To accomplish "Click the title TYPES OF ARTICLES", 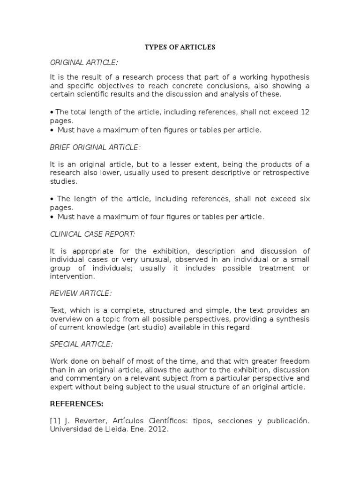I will coord(180,47).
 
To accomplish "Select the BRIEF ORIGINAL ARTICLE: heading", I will coord(95,147).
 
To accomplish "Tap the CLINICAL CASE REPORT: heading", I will coord(92,234).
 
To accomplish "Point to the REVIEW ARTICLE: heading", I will coord(81,293).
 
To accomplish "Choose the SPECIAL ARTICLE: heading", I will coord(82,344).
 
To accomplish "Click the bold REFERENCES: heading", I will coord(76,403).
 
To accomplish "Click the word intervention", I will coord(70,277).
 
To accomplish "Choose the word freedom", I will coord(295,361).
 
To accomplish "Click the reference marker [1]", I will coord(55,420).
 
